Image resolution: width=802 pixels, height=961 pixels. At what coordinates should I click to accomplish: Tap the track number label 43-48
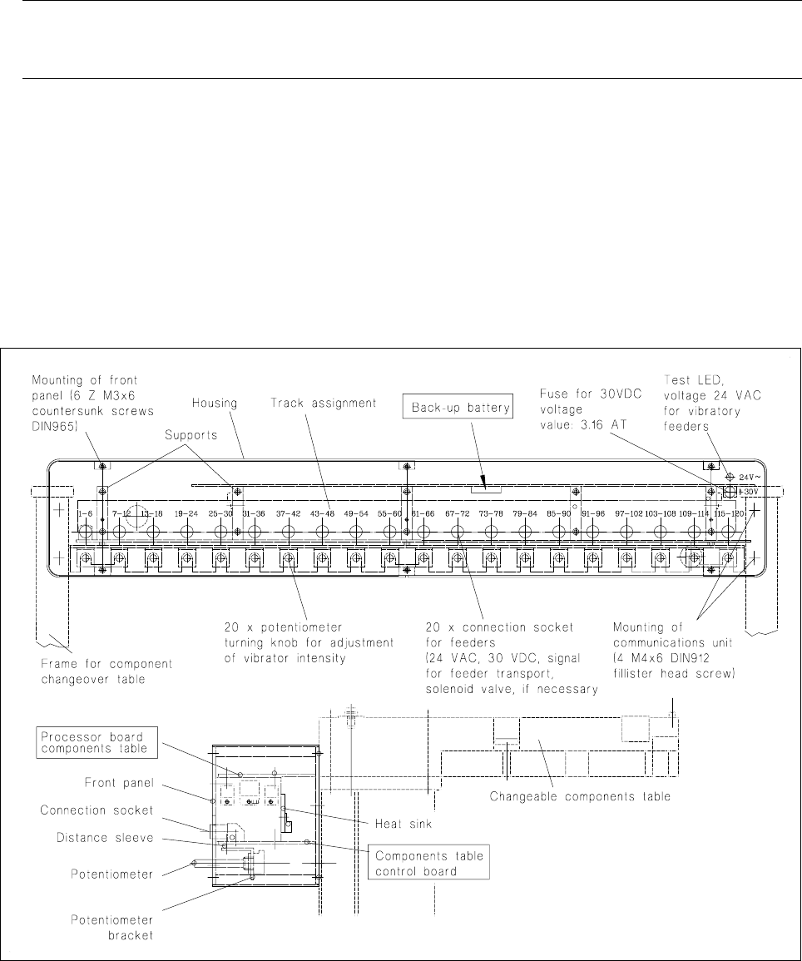322,514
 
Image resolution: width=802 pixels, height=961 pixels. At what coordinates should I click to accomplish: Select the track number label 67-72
458,514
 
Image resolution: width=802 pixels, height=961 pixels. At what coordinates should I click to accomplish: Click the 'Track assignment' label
322,403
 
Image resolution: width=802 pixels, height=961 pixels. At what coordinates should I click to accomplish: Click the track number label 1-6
84,514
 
